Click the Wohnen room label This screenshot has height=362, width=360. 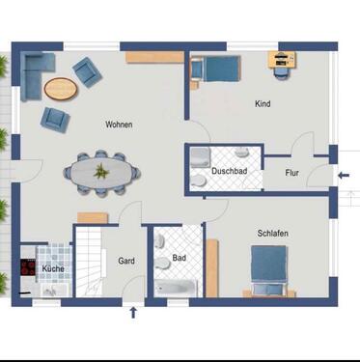click(x=119, y=125)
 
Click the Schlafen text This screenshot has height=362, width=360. click(x=273, y=234)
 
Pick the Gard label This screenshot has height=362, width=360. click(x=125, y=260)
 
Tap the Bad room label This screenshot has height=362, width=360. click(x=179, y=258)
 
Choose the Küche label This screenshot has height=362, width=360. click(x=53, y=267)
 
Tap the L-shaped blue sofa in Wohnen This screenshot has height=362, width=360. click(x=37, y=72)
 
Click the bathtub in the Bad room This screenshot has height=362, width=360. click(x=175, y=287)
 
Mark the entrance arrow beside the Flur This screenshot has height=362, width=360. click(x=344, y=176)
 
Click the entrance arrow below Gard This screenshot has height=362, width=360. click(x=133, y=311)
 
